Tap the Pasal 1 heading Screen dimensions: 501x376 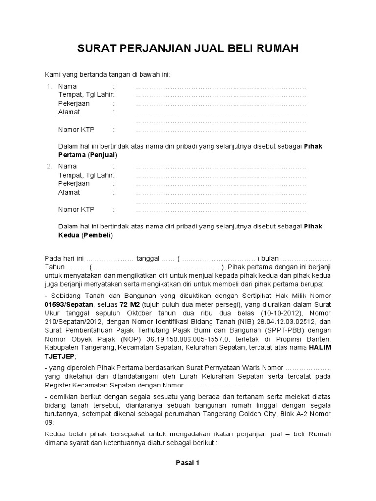[x=188, y=462]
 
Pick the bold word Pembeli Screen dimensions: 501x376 [x=97, y=235]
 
